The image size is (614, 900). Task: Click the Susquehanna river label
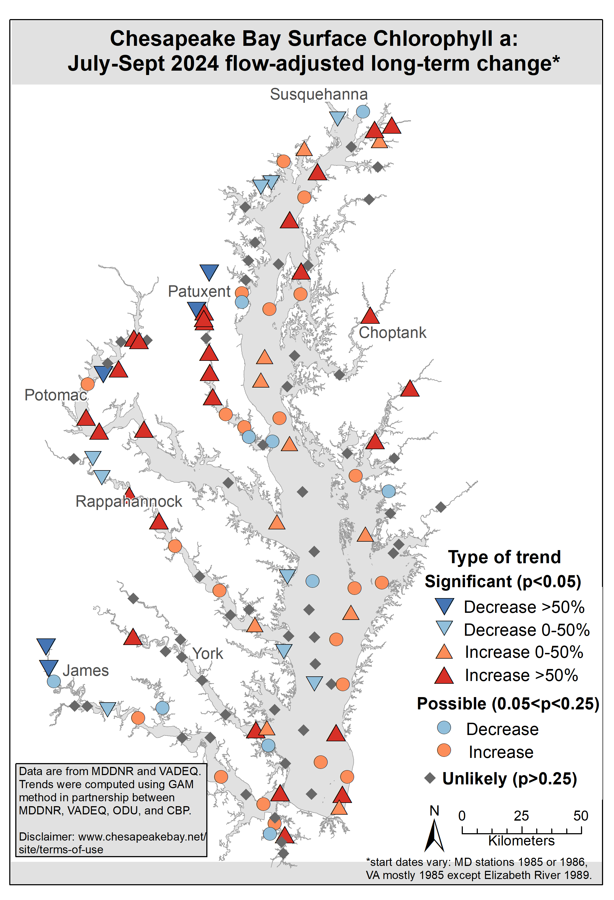click(x=318, y=94)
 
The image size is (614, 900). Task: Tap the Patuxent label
click(x=199, y=291)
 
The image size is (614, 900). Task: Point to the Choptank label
click(x=392, y=333)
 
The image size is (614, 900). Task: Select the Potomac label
click(x=55, y=395)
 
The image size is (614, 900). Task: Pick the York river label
click(x=208, y=654)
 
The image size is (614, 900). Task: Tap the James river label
click(x=86, y=670)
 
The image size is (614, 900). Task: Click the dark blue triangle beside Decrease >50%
click(x=444, y=606)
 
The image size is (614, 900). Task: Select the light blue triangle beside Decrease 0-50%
click(x=444, y=628)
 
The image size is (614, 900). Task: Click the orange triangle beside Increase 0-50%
click(x=444, y=652)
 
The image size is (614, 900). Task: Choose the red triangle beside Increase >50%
click(x=444, y=676)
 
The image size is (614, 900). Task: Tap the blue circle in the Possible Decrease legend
click(x=444, y=728)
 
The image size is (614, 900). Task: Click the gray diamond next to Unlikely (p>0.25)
click(x=430, y=778)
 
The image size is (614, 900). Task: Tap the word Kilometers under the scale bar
click(x=521, y=841)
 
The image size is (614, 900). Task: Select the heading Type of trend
click(x=504, y=557)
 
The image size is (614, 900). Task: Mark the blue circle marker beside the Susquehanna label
click(x=363, y=112)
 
